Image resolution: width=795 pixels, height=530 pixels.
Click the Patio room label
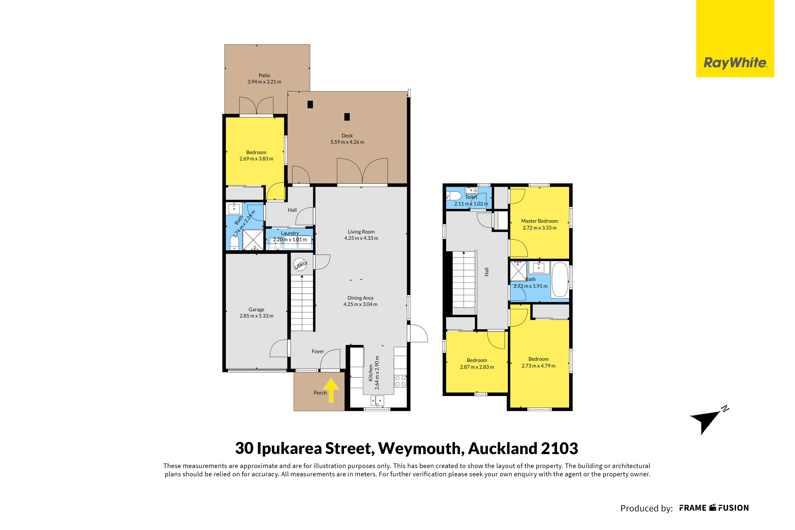click(264, 75)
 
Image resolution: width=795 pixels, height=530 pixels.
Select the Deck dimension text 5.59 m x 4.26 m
click(347, 142)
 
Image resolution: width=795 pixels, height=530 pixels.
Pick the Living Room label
click(361, 232)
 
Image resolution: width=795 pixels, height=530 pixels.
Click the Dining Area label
click(361, 298)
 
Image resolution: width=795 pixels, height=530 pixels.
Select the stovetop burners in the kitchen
click(400, 381)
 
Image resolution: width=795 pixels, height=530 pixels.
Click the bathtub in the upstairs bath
click(560, 280)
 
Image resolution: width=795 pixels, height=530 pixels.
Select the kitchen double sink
click(377, 401)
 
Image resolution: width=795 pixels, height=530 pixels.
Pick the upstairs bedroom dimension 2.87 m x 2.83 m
click(477, 367)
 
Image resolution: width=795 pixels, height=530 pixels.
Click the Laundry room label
click(290, 233)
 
